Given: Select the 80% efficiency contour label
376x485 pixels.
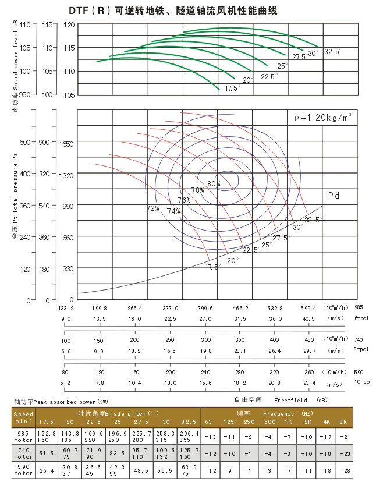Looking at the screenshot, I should (214, 184).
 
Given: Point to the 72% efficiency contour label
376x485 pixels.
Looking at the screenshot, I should (152, 208).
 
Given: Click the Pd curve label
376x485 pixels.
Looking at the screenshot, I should (334, 196).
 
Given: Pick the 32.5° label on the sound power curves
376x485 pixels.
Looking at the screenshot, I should (332, 52).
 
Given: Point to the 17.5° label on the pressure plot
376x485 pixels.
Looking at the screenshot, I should (212, 267).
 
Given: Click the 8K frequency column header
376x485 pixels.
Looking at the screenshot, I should (343, 421).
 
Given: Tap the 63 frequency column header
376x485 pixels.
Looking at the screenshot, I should (208, 421).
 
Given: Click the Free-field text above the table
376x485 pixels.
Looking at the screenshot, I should (288, 401).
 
